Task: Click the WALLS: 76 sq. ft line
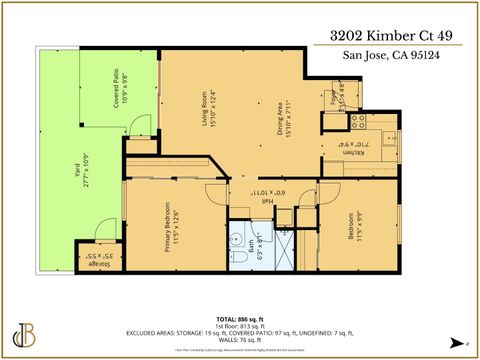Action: point(240,340)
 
